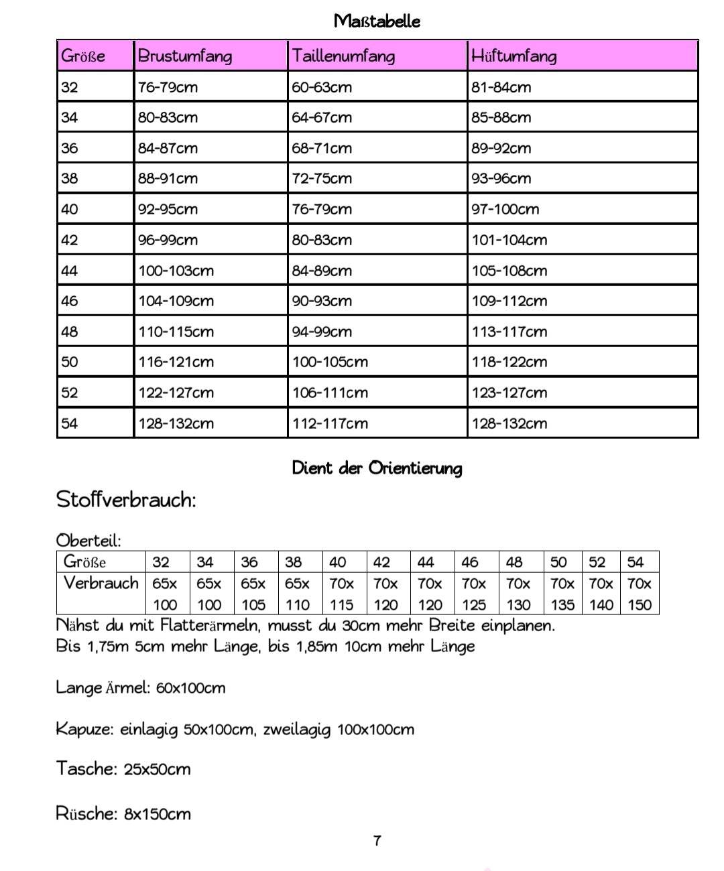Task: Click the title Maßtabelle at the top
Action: tap(377, 21)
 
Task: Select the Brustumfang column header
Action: tap(185, 56)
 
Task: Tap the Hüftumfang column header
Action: tap(514, 56)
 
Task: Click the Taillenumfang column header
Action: tap(343, 56)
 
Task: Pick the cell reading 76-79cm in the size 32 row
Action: tap(168, 87)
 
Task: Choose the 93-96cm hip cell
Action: tap(501, 178)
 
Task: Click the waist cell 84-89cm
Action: tap(321, 271)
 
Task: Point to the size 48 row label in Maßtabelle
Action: tap(70, 332)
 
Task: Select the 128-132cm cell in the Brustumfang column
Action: tap(176, 423)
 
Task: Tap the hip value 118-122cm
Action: tap(509, 362)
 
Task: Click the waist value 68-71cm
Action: tap(321, 148)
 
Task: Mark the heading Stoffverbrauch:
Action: tap(126, 500)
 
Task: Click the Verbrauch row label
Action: tap(101, 583)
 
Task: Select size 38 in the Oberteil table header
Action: tap(294, 562)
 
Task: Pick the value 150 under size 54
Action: tap(640, 605)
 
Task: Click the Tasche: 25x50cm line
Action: tap(123, 768)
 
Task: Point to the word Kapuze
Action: tap(84, 729)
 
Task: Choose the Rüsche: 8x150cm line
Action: tap(123, 814)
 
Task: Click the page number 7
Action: tap(377, 841)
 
